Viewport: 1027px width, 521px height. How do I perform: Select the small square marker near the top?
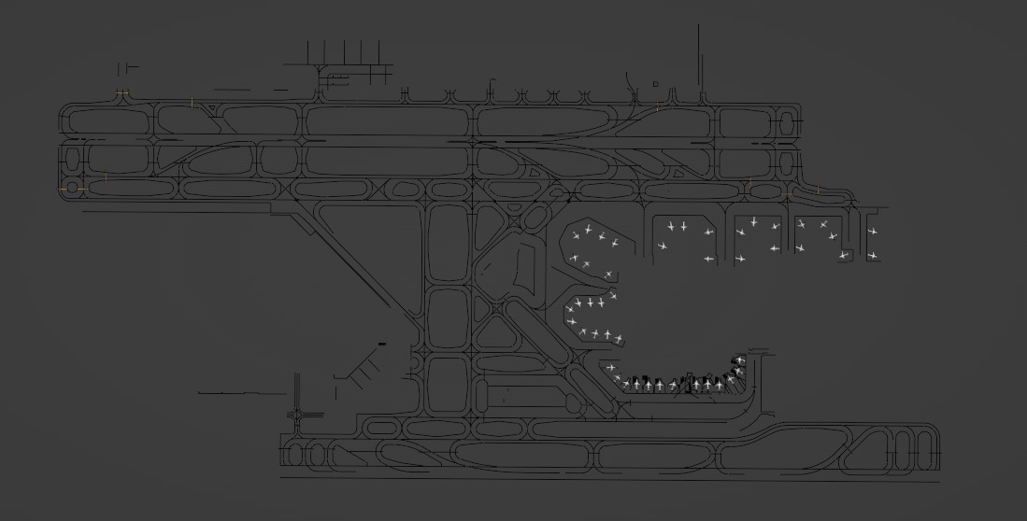[x=655, y=84]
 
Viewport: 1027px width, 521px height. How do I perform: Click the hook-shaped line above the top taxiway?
[x=491, y=88]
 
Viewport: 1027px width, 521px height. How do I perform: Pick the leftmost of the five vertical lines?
[x=308, y=53]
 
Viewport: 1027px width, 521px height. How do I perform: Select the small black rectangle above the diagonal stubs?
[x=381, y=345]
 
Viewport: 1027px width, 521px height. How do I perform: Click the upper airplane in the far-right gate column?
[x=873, y=232]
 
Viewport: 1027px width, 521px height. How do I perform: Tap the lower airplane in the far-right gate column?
[x=873, y=255]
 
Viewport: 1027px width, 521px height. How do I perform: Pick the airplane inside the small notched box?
[x=844, y=254]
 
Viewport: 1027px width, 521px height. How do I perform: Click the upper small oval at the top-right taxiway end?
[x=788, y=124]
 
